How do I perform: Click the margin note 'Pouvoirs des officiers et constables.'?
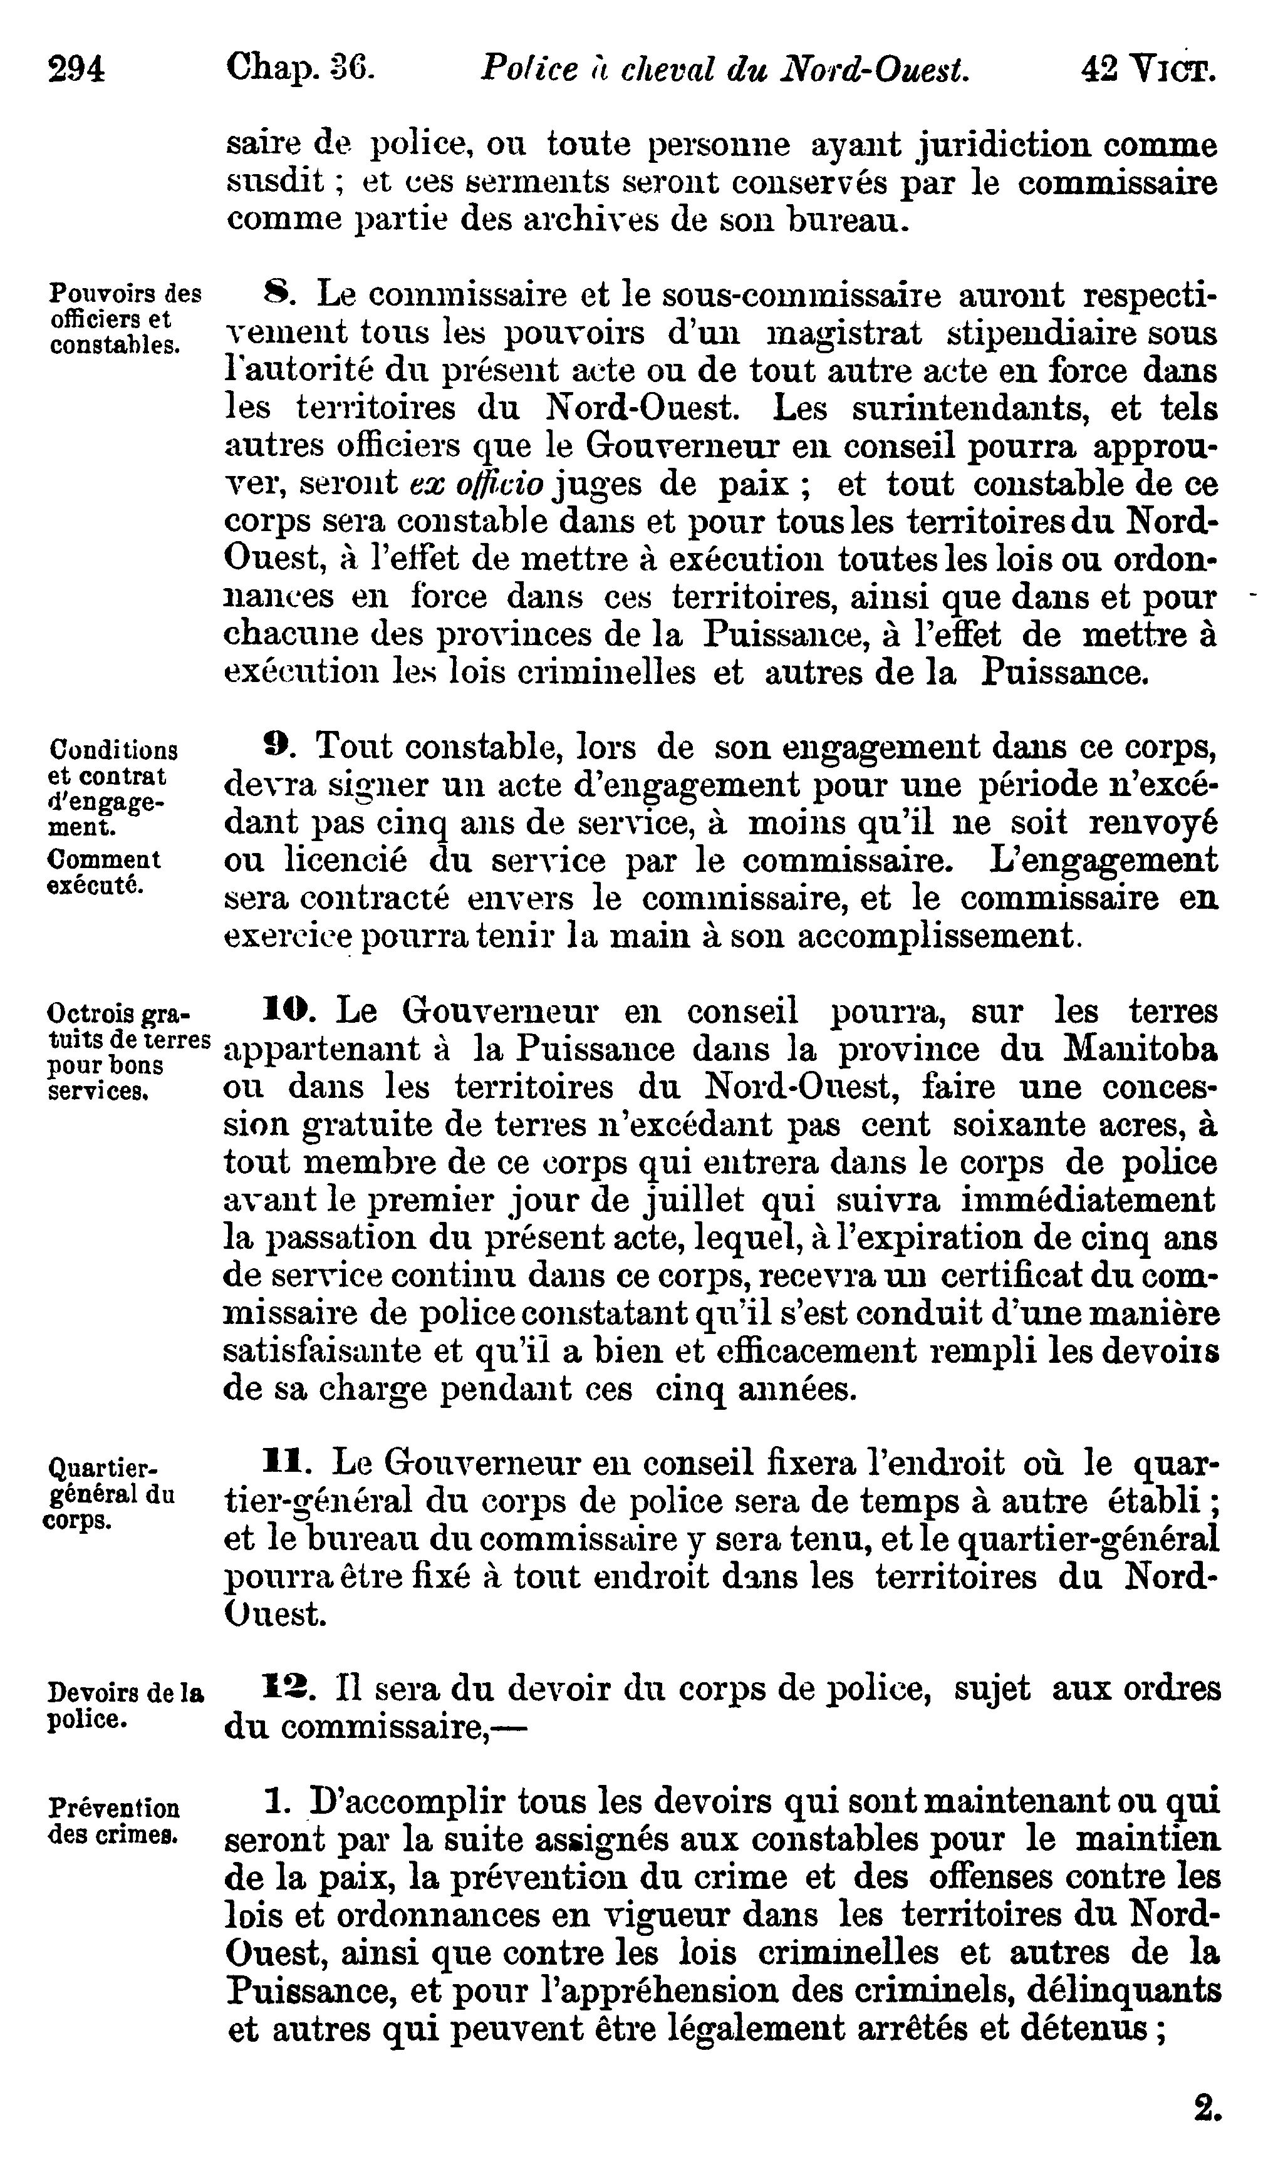click(x=123, y=319)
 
